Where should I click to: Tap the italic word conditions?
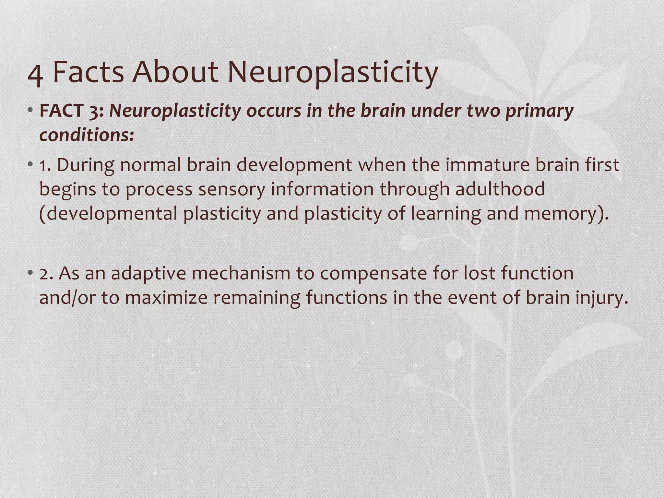[87, 135]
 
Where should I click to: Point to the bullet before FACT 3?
[30, 111]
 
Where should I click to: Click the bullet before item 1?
[30, 164]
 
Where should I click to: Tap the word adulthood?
[500, 189]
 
